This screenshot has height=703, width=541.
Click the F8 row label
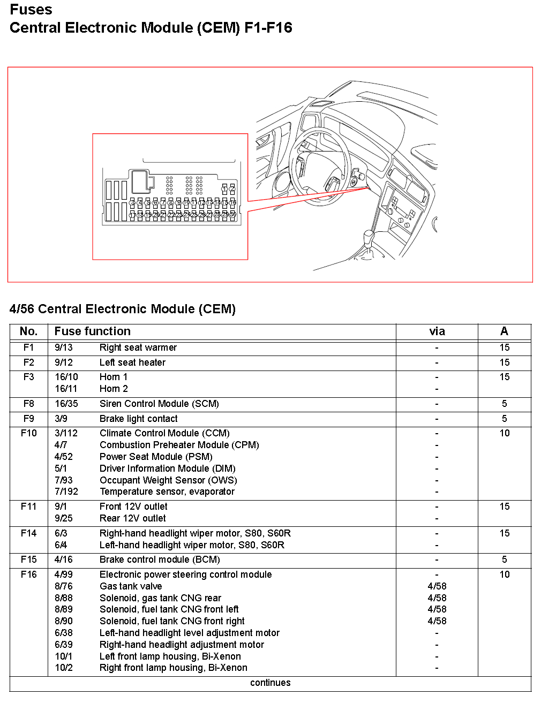28,404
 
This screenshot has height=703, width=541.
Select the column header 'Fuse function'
92,331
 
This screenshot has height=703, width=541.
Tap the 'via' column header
437,331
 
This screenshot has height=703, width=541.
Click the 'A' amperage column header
504,331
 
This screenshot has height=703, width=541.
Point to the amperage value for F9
504,419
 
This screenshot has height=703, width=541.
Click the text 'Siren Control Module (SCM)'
159,404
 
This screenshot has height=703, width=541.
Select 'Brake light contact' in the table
138,419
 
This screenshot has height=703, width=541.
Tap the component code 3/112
66,433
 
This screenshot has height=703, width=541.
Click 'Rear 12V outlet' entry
132,518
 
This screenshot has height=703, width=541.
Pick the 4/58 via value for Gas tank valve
437,586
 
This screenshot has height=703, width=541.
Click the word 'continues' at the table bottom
270,683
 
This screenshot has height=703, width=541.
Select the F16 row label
28,575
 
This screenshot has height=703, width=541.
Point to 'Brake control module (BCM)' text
160,560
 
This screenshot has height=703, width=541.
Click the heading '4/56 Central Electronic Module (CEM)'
123,309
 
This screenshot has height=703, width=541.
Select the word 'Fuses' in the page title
31,10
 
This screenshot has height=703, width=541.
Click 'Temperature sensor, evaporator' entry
167,492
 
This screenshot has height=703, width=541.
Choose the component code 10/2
64,668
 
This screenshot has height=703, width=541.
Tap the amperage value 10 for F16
504,575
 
